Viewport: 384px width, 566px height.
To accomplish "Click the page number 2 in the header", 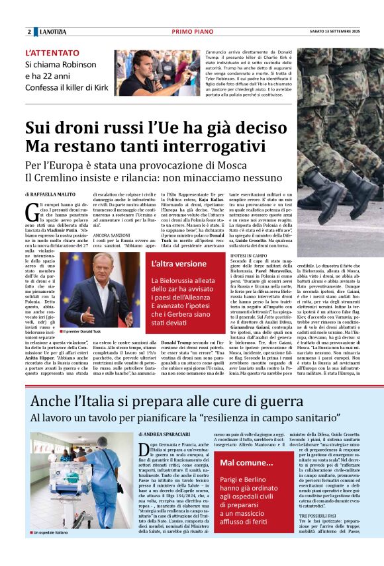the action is coord(29,32).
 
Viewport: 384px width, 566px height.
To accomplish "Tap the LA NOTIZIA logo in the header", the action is coord(53,32).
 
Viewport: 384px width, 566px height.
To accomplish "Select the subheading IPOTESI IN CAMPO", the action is coord(249,254).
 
